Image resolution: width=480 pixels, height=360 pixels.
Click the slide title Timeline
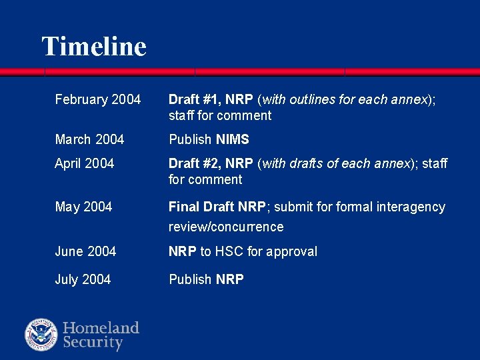[x=94, y=47]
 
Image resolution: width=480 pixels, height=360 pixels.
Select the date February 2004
[x=98, y=100]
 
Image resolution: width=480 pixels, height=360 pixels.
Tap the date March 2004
[x=89, y=139]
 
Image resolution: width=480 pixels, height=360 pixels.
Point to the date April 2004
[x=85, y=163]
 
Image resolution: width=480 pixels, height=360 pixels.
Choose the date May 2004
[x=83, y=207]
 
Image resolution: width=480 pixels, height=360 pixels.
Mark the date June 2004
[x=85, y=251]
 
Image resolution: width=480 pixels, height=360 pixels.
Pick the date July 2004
[x=83, y=279]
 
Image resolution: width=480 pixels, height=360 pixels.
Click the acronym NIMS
[x=233, y=139]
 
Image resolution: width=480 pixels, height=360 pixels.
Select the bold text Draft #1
[x=194, y=100]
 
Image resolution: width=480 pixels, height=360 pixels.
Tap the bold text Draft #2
[x=194, y=163]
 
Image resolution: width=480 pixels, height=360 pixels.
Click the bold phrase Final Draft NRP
[x=217, y=207]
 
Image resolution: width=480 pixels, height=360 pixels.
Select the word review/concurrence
[x=226, y=227]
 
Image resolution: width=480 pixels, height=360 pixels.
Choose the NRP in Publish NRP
[x=230, y=279]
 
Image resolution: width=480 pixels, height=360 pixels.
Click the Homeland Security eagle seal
[x=41, y=335]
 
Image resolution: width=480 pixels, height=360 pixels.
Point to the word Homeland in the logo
[x=101, y=328]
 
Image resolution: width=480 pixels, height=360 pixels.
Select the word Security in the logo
[x=93, y=343]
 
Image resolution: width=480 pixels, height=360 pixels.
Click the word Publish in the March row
[x=191, y=139]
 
